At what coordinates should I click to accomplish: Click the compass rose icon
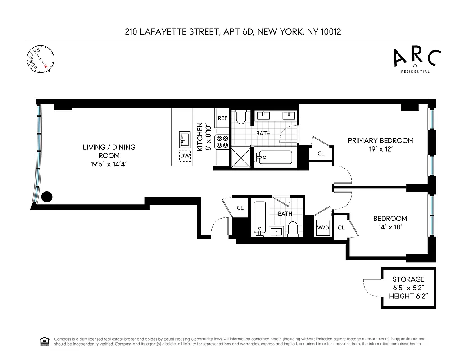click(x=40, y=58)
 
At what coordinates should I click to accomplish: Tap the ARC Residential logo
click(x=416, y=60)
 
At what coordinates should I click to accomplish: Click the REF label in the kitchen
click(x=222, y=118)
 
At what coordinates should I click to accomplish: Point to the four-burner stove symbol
click(x=222, y=142)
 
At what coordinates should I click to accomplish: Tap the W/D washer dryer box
click(x=323, y=228)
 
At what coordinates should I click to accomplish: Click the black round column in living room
click(x=47, y=197)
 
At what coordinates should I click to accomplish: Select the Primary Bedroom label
click(x=380, y=140)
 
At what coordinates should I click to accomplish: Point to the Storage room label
click(x=408, y=279)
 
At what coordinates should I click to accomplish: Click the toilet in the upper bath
click(x=240, y=117)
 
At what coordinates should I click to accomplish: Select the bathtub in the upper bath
click(x=273, y=158)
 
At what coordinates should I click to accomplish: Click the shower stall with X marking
click(x=241, y=158)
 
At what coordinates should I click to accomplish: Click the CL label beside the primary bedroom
click(x=321, y=153)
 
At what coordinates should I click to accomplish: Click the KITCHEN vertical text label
click(x=200, y=137)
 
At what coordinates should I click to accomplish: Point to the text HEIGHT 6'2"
click(x=408, y=296)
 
